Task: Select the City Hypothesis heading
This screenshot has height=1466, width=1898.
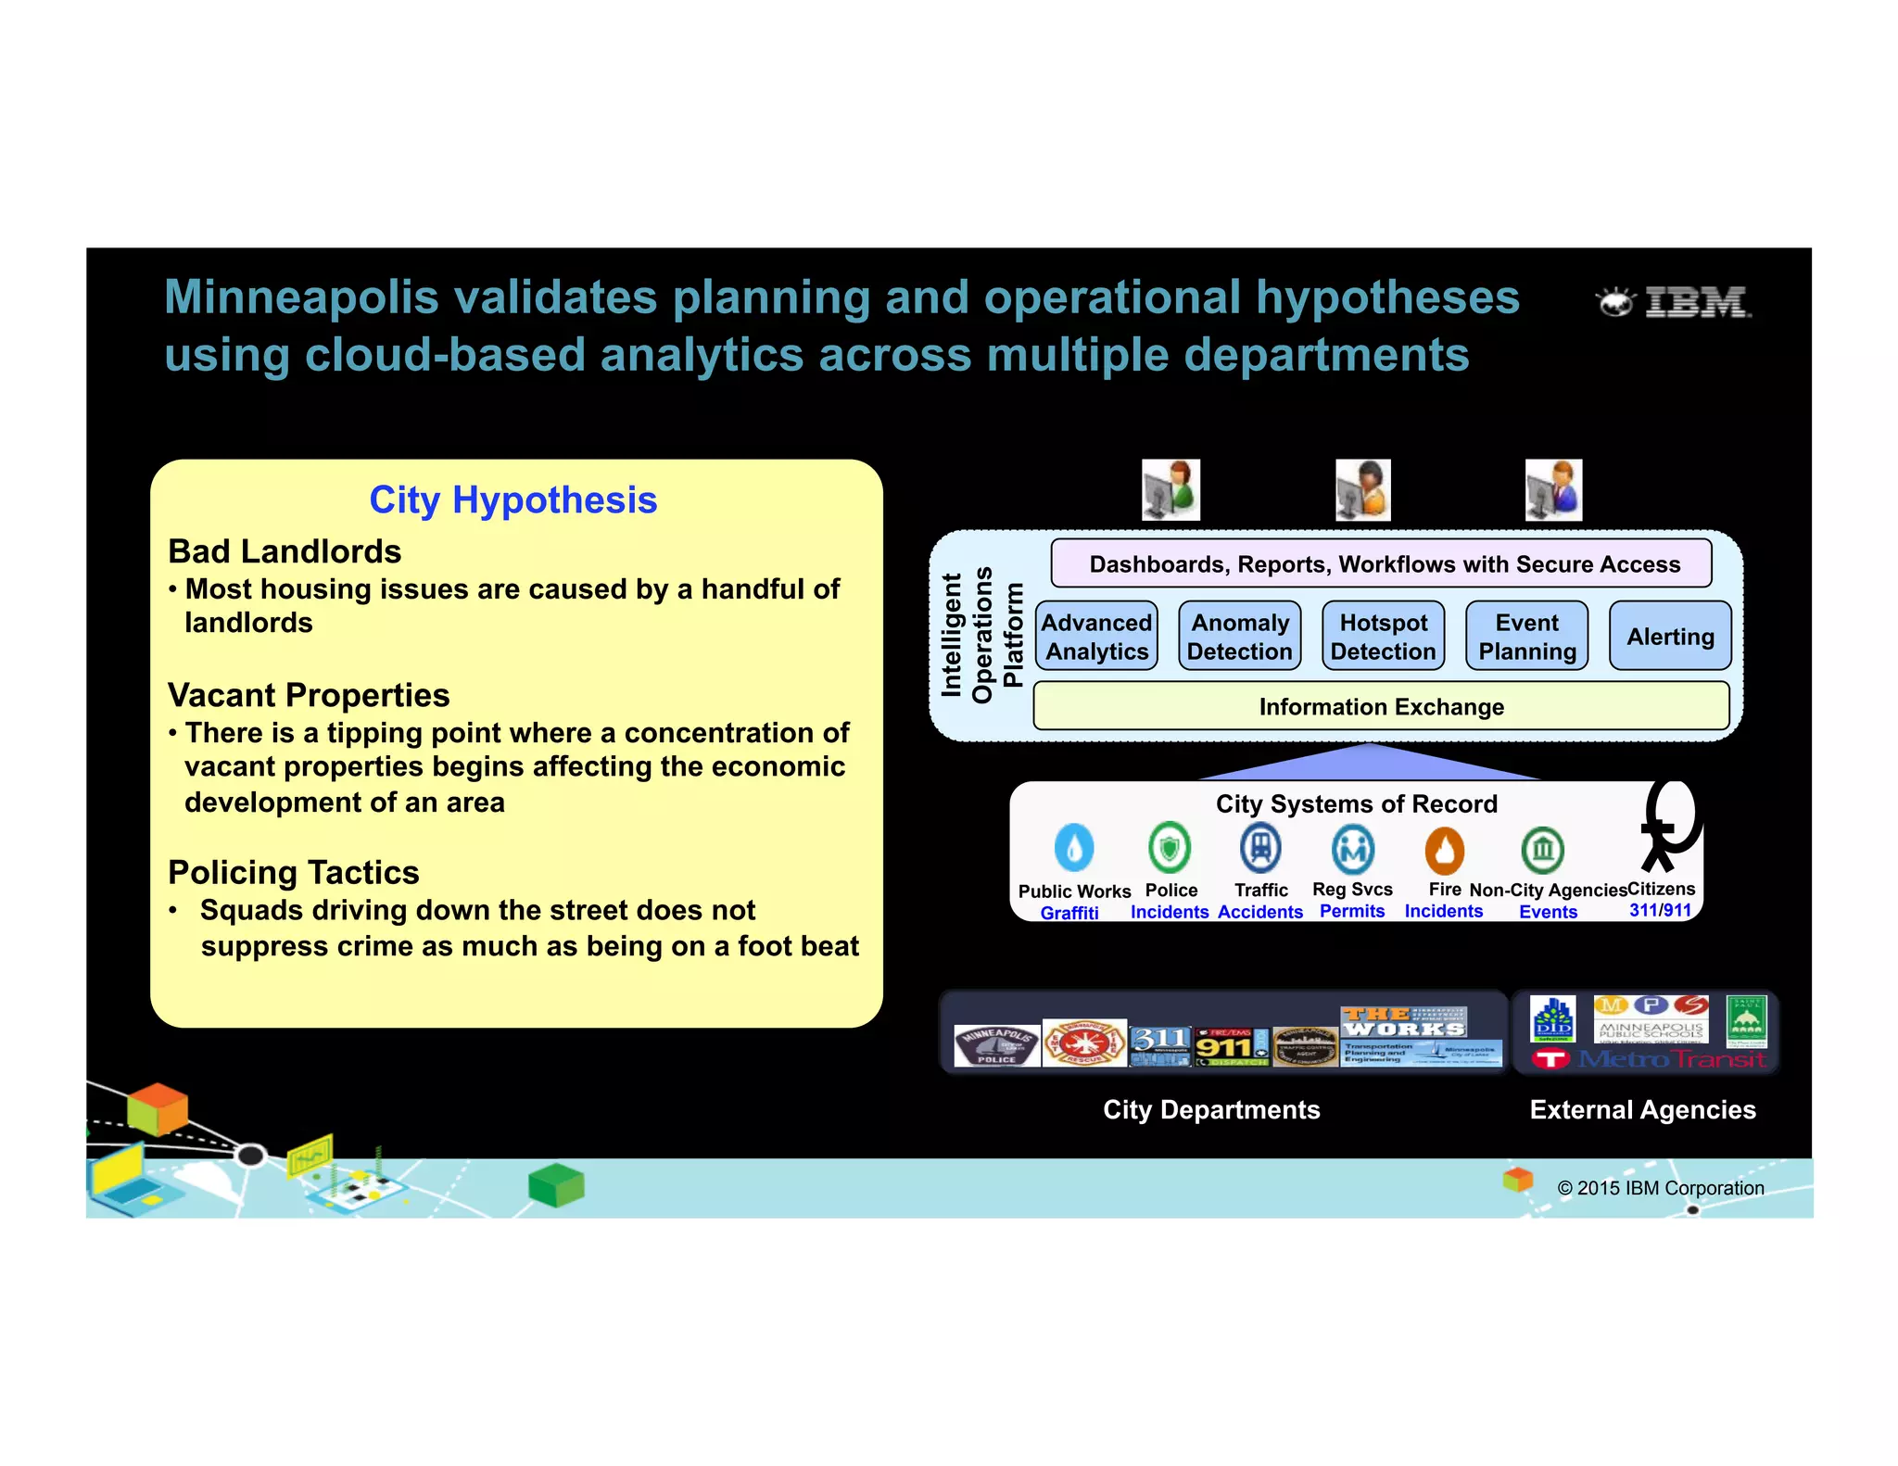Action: [x=512, y=500]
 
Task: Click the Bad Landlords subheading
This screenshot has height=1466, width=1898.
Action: [x=285, y=551]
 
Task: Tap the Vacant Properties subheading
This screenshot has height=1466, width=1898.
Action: [x=309, y=695]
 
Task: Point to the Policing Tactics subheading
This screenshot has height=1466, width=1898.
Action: [x=294, y=872]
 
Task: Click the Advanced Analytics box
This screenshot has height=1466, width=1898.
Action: [x=1096, y=637]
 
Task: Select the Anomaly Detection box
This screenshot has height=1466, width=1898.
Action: [x=1239, y=637]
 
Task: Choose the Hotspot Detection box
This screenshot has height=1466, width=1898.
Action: [x=1383, y=637]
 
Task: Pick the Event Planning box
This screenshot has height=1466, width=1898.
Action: [x=1526, y=637]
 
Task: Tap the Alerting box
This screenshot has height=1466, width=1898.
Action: [x=1670, y=637]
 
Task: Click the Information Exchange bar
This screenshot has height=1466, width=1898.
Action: [x=1381, y=707]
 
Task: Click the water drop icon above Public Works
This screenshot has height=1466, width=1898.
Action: [x=1073, y=847]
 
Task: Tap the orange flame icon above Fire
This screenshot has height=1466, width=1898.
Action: [x=1444, y=850]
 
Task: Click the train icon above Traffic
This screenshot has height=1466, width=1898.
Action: [x=1260, y=847]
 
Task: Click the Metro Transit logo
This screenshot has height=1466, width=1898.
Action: [x=1650, y=1059]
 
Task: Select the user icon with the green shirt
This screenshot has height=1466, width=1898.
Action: [x=1170, y=489]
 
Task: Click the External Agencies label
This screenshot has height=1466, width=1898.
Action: [x=1642, y=1109]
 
